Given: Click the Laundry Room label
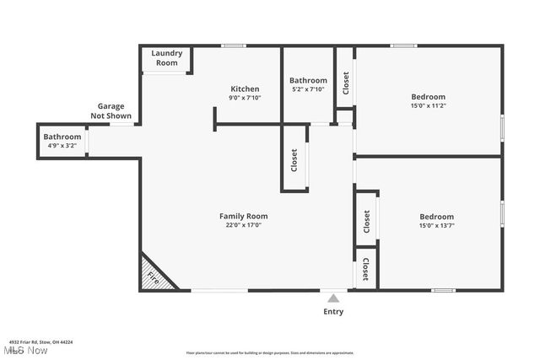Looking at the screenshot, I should click(x=166, y=58).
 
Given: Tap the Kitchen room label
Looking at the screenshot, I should click(x=245, y=89).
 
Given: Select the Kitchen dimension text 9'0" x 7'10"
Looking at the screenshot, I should click(x=245, y=98).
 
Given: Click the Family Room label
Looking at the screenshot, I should click(x=243, y=216).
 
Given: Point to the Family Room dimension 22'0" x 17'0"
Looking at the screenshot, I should click(x=243, y=225).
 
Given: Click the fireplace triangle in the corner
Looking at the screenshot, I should click(x=154, y=276).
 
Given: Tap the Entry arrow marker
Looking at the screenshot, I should click(x=333, y=298).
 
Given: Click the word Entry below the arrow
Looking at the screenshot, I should click(x=333, y=311).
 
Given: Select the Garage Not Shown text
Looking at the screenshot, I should click(x=111, y=111).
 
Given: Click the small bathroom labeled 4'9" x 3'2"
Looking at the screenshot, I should click(x=62, y=141).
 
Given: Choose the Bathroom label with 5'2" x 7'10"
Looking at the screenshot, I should click(x=308, y=84).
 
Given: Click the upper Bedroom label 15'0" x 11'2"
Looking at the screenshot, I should click(x=428, y=101).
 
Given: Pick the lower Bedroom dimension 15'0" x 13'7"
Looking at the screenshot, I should click(x=436, y=226).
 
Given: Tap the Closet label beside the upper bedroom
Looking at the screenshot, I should click(x=345, y=83).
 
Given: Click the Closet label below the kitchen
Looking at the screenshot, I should click(x=294, y=159).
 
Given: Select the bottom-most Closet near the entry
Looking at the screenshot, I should click(x=365, y=270).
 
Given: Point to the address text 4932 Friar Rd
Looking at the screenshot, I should click(x=40, y=341).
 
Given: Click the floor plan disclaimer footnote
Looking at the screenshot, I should click(x=270, y=352).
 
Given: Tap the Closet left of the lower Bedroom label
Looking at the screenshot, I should click(x=366, y=222).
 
